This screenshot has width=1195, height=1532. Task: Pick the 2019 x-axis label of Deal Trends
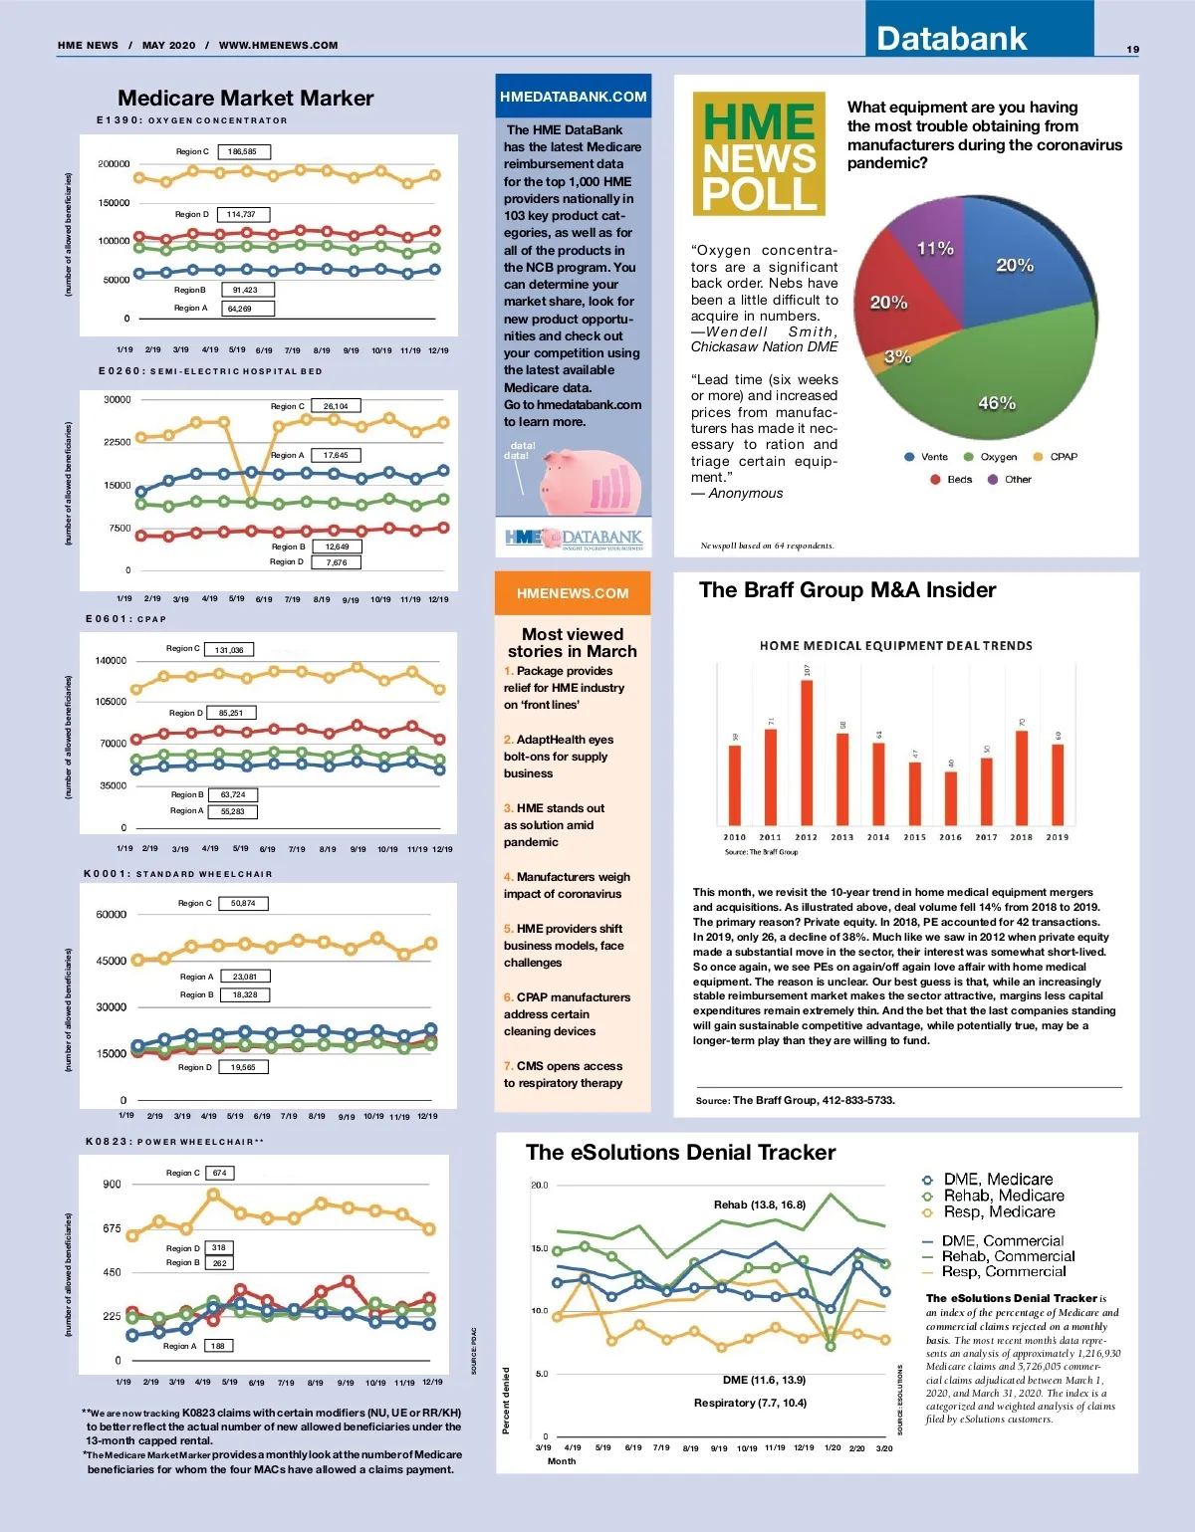click(1058, 838)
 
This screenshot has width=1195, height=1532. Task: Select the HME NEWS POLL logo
click(759, 154)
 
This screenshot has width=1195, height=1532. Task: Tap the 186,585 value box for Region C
click(243, 152)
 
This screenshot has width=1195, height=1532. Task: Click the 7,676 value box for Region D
click(337, 562)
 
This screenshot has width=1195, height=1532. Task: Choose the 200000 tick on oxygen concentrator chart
click(114, 164)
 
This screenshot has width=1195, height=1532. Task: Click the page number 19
click(1133, 49)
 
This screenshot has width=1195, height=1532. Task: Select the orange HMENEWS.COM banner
click(573, 593)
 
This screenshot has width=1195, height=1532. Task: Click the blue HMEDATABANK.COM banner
click(574, 97)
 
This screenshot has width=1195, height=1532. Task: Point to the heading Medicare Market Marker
click(246, 98)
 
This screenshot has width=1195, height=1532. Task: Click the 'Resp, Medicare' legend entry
click(998, 1212)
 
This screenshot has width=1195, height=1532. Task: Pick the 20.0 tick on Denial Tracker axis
click(539, 1186)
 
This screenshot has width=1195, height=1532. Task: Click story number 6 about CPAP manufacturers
click(567, 1014)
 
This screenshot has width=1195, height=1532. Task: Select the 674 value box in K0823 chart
click(220, 1173)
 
